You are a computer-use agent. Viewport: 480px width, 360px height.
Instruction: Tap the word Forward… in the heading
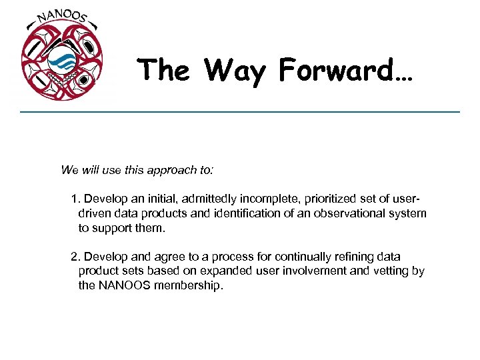point(346,69)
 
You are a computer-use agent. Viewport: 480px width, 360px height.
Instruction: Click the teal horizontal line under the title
point(240,111)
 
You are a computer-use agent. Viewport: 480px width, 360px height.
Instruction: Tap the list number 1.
point(75,199)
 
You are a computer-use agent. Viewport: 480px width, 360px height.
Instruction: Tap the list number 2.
point(75,257)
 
